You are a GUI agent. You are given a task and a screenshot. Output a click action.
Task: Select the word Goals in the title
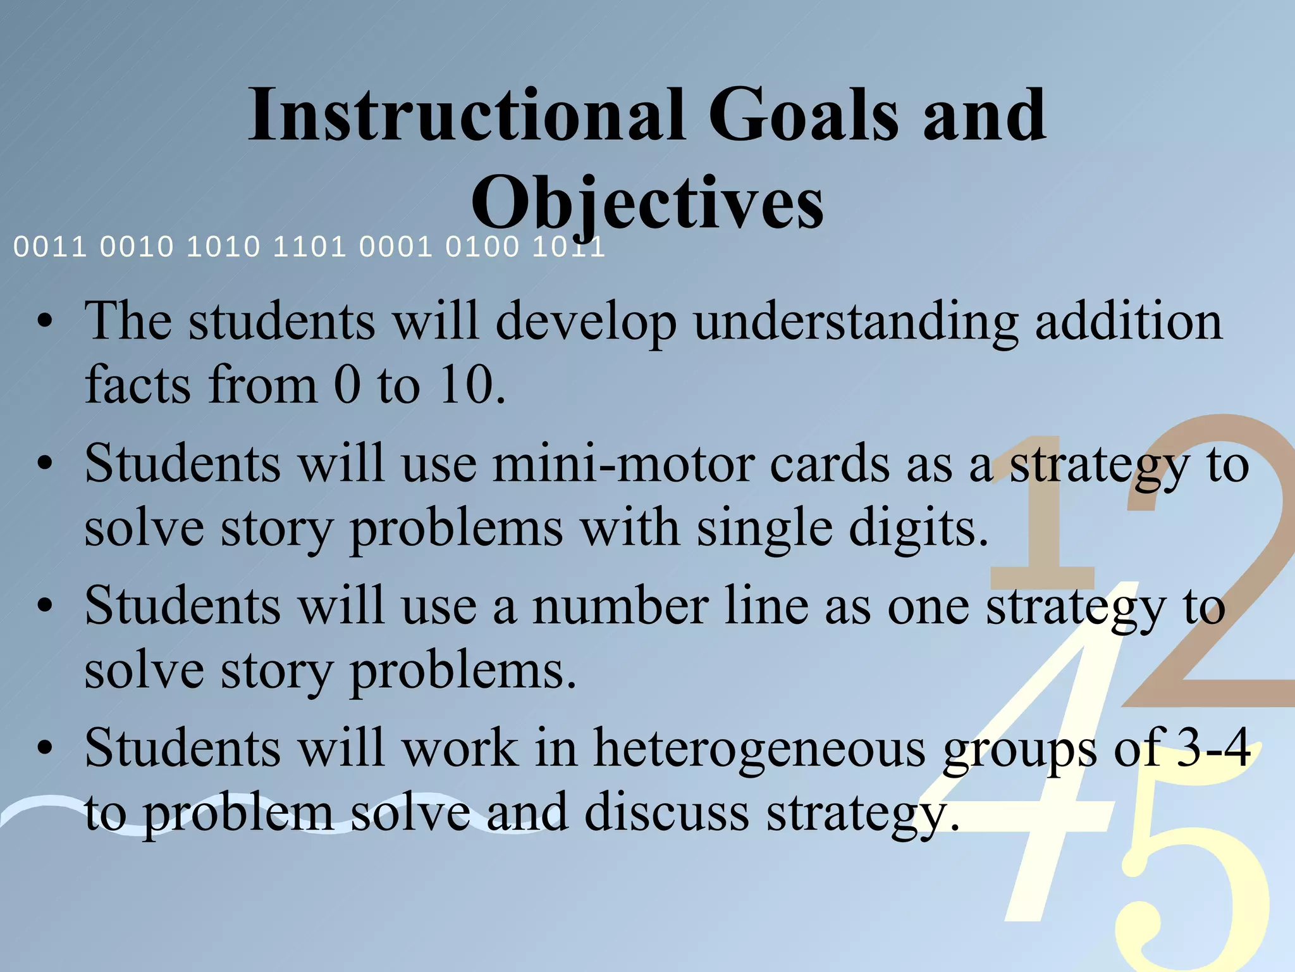click(x=803, y=115)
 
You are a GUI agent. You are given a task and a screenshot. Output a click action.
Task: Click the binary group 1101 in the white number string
click(x=310, y=247)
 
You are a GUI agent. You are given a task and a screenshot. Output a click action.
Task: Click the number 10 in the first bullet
click(x=467, y=385)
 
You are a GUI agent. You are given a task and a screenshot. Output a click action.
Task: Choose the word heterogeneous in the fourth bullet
click(x=759, y=749)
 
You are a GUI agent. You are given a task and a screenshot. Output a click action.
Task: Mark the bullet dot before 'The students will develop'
click(x=44, y=323)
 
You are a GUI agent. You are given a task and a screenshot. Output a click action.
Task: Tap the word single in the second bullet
click(x=764, y=528)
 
